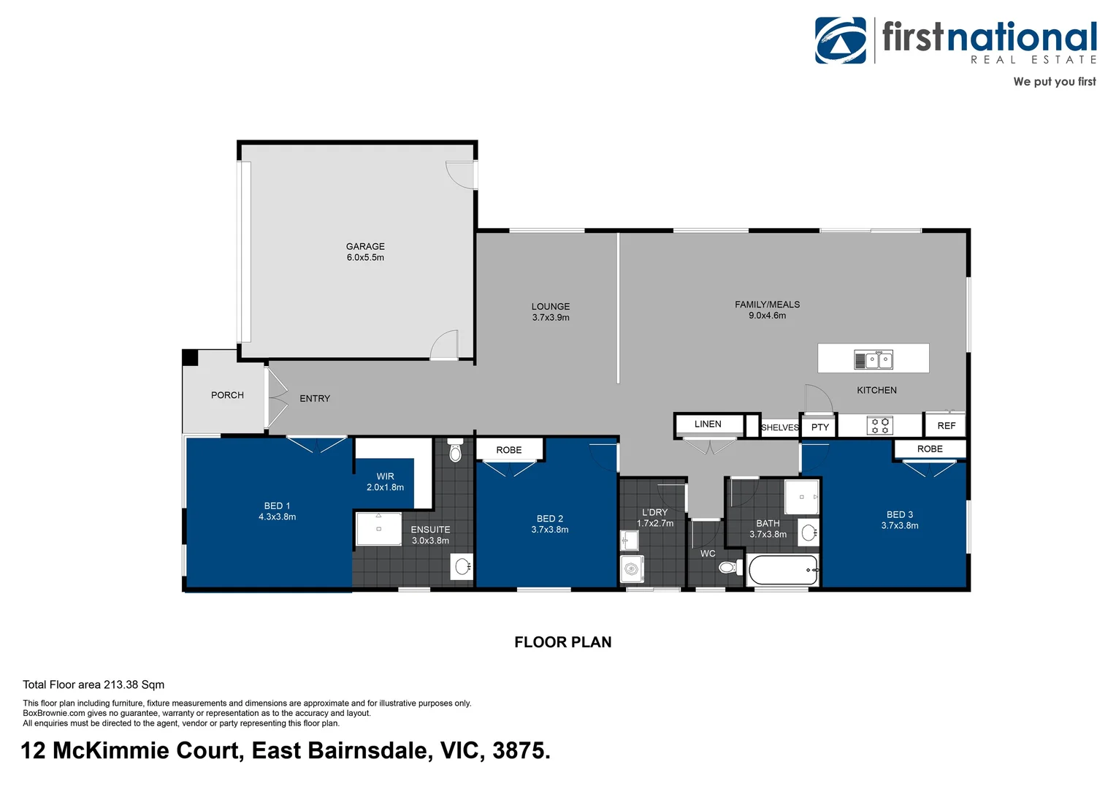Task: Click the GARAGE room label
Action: [x=365, y=247]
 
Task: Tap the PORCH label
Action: [x=227, y=395]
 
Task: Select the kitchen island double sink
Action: [x=874, y=359]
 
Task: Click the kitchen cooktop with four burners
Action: [x=879, y=425]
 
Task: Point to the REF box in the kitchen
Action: [x=946, y=425]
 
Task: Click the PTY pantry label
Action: [x=819, y=427]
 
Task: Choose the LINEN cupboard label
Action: [x=708, y=424]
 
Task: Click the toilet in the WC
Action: [x=729, y=568]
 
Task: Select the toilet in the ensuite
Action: [x=455, y=452]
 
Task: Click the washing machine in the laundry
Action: [x=632, y=569]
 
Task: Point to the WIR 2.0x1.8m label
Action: [x=385, y=482]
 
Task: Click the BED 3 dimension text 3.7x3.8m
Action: [x=899, y=526]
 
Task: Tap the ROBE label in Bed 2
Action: [x=508, y=450]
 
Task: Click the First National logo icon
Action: [x=841, y=41]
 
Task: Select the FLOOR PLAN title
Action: [x=562, y=642]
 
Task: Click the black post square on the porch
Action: [x=190, y=357]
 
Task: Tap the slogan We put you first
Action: [x=1054, y=82]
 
